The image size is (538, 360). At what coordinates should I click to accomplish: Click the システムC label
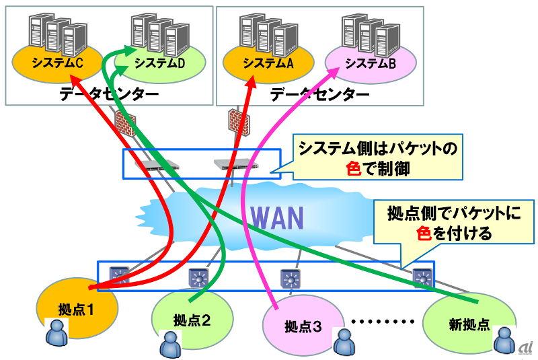[x=57, y=63]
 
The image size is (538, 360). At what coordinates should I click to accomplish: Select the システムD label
[x=159, y=63]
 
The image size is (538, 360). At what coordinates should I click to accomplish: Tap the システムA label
[x=268, y=63]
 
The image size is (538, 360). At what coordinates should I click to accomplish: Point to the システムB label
[x=371, y=63]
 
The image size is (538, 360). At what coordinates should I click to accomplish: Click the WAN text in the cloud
[x=277, y=218]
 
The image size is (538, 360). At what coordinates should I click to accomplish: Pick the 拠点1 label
[x=76, y=310]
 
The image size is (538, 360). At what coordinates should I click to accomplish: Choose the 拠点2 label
[x=192, y=320]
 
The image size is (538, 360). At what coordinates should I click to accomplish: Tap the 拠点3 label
[x=303, y=327]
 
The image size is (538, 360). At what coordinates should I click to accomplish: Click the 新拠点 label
[x=469, y=324]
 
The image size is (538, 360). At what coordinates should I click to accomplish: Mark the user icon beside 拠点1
[x=57, y=332]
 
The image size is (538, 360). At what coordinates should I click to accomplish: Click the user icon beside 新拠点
[x=504, y=340]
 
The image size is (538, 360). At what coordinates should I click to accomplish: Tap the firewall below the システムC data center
[x=126, y=124]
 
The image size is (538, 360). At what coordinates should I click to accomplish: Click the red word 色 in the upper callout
[x=354, y=168]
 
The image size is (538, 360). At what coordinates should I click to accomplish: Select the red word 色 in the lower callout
[x=424, y=233]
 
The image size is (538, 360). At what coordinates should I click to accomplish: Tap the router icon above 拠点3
[x=291, y=279]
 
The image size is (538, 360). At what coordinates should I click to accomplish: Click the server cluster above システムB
[x=371, y=36]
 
